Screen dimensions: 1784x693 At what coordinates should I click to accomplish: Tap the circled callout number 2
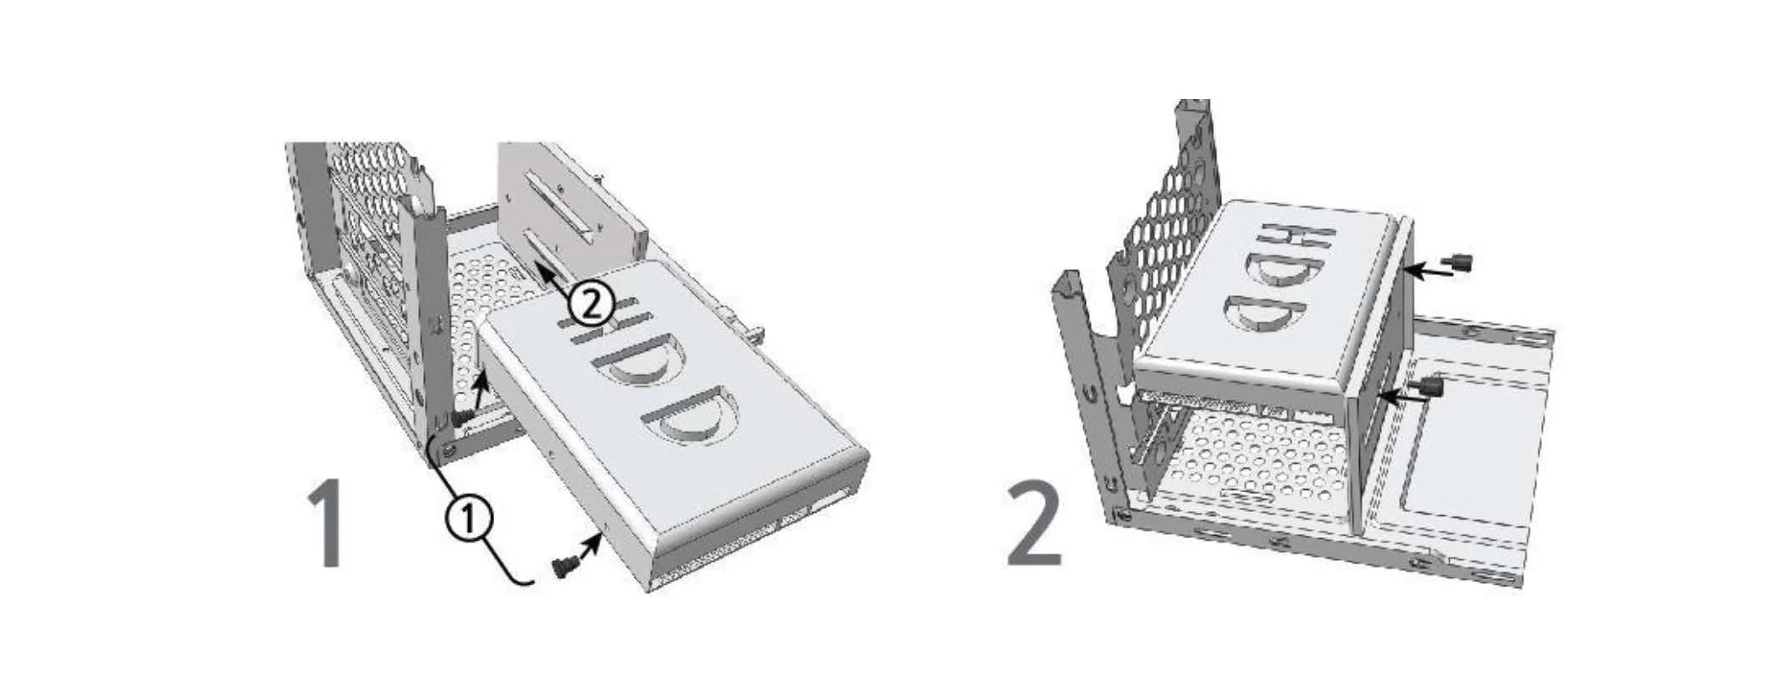pyautogui.click(x=589, y=304)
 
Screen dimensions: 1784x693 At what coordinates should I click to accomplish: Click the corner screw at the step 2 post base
pyautogui.click(x=1123, y=515)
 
